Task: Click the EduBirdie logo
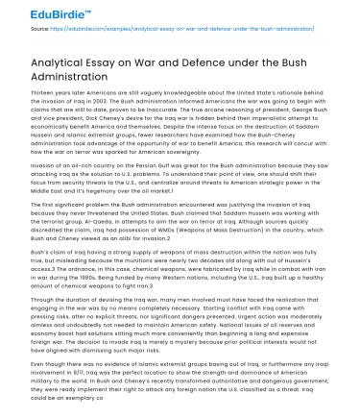37,13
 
